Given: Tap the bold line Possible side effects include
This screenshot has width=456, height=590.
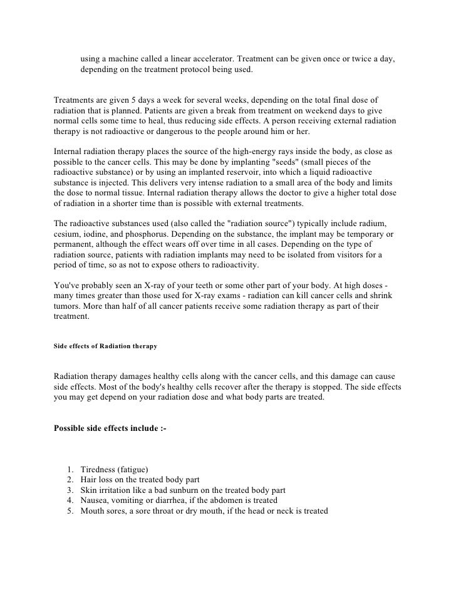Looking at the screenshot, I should (x=110, y=428).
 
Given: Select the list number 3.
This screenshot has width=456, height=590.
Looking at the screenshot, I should (x=67, y=490).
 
